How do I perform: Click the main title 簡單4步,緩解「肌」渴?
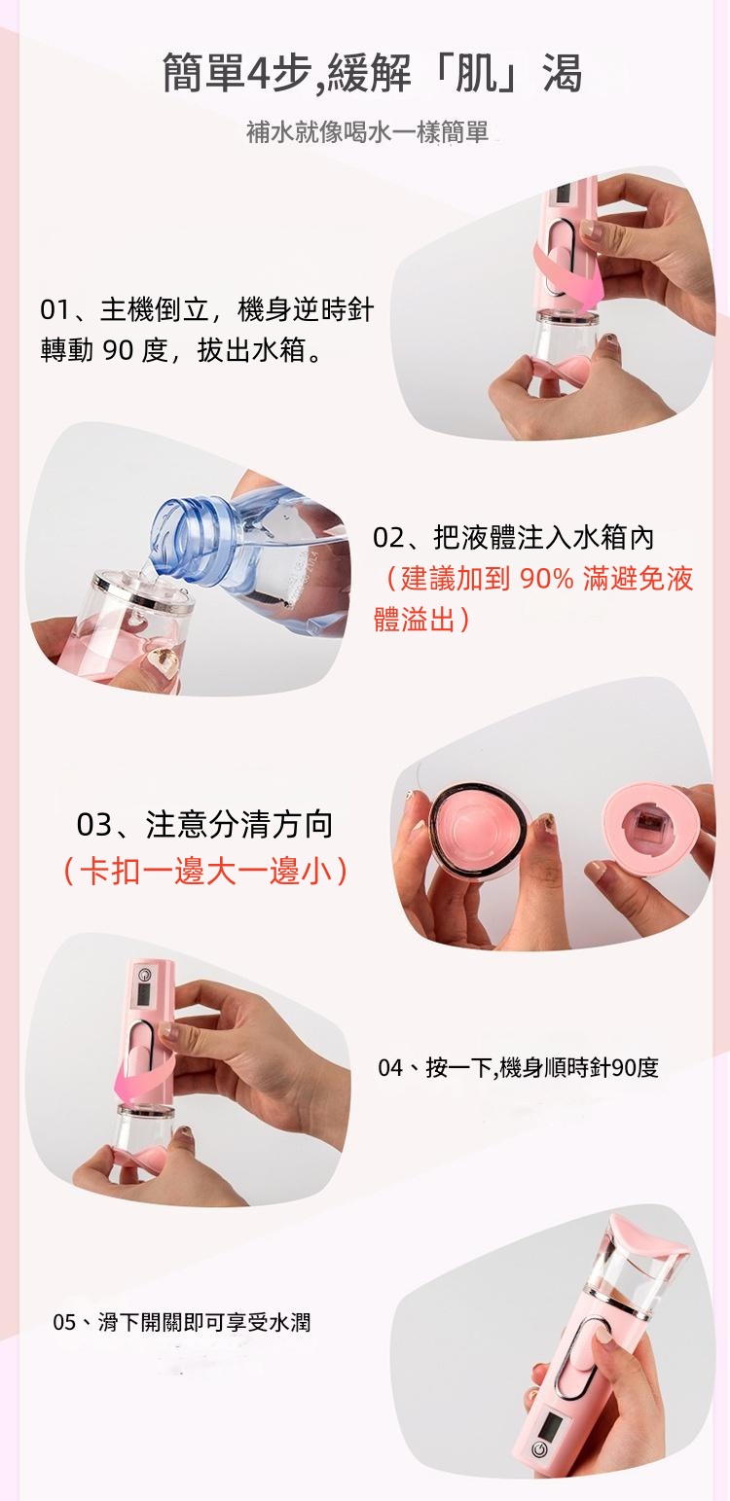pyautogui.click(x=372, y=73)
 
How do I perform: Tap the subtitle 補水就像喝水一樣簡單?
pyautogui.click(x=367, y=132)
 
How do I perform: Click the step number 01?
pyautogui.click(x=55, y=309)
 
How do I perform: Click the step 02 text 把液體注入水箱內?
pyautogui.click(x=544, y=537)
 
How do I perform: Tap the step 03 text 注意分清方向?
pyautogui.click(x=239, y=825)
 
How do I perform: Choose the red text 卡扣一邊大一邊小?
pyautogui.click(x=205, y=871)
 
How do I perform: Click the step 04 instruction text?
pyautogui.click(x=518, y=1067)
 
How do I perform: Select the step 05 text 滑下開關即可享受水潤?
pyautogui.click(x=203, y=1322)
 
